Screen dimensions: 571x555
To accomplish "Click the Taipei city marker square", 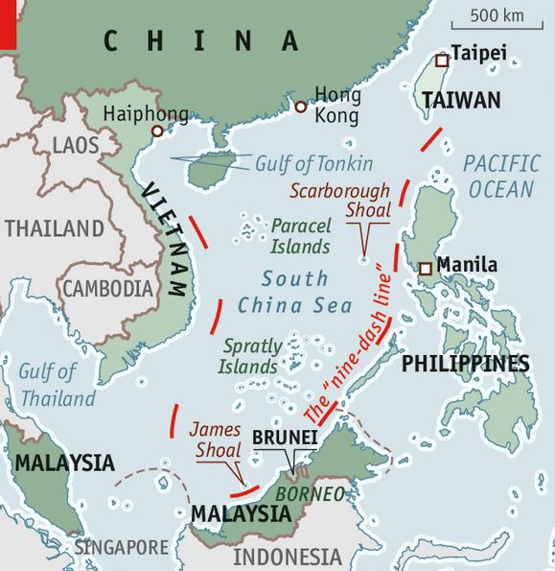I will coord(441,60).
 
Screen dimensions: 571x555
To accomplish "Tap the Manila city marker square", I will coord(425,269).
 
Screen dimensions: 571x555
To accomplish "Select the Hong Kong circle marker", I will coord(300,107).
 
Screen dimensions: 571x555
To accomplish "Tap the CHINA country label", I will coord(201,40).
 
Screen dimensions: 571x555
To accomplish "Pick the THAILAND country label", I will coord(54,228).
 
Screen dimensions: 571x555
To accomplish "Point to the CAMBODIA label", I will coord(107,288).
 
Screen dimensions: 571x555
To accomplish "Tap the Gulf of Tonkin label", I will coord(313,163).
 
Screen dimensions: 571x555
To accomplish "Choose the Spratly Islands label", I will coord(251,356).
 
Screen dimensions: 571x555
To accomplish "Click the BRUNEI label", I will coord(284,437).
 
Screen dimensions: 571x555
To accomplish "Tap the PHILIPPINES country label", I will coord(465,364).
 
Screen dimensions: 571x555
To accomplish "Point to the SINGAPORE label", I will coord(122,547).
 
